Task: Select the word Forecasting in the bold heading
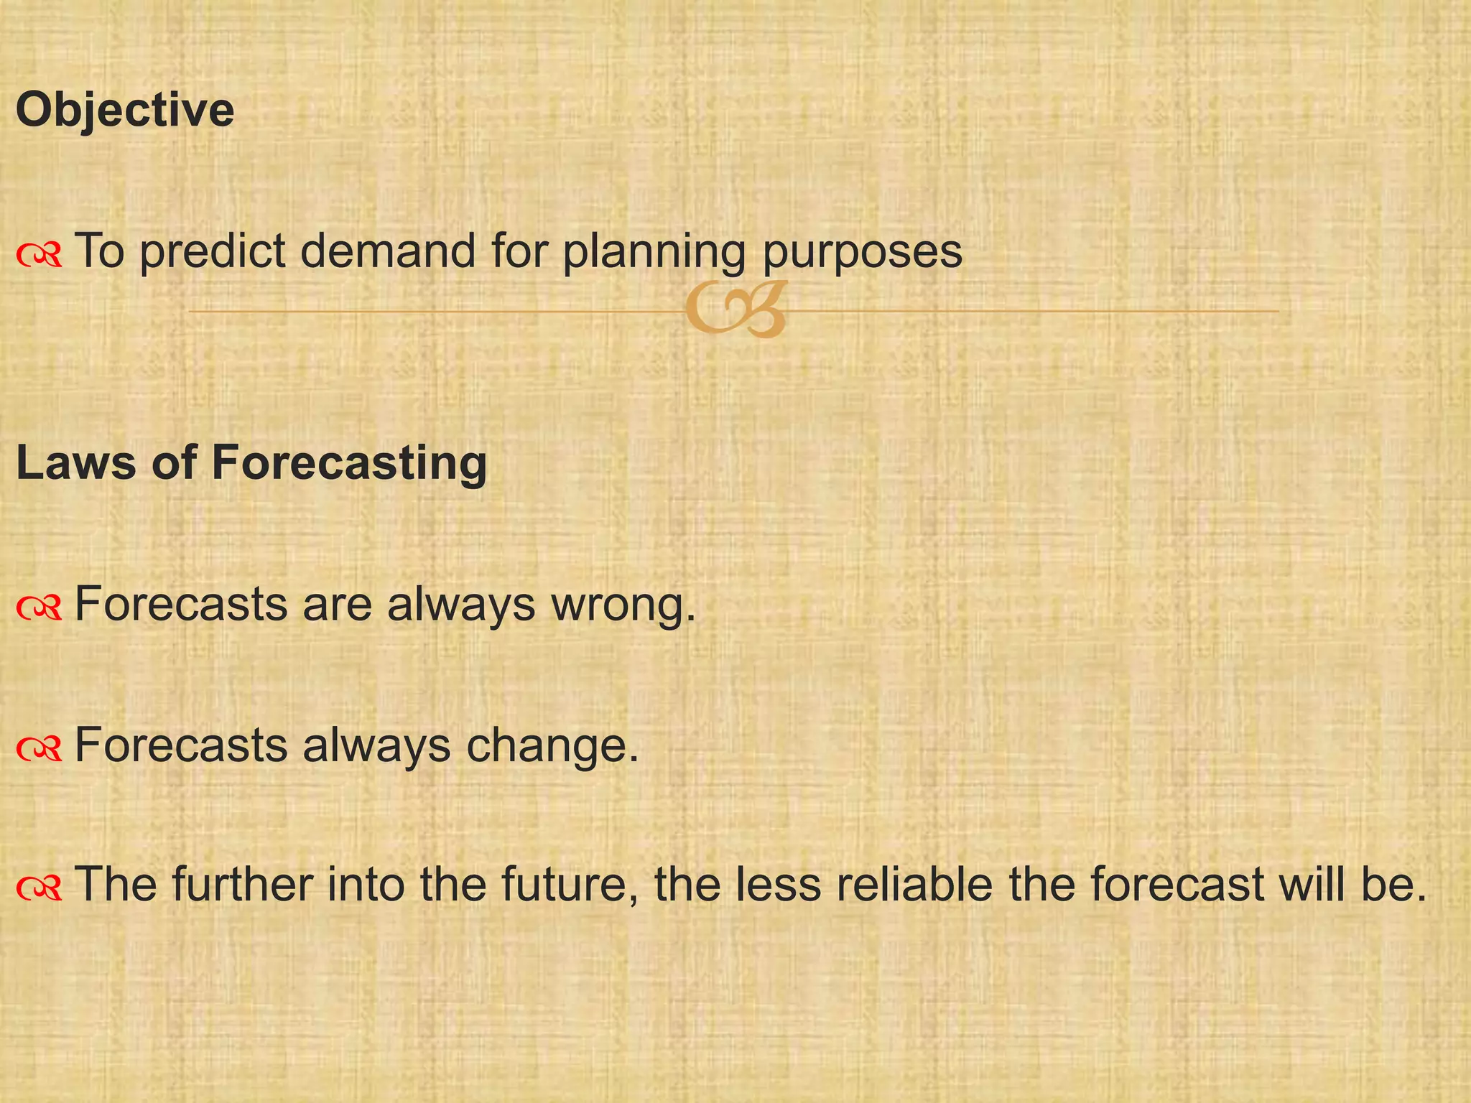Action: [x=349, y=463]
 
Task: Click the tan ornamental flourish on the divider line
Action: [x=735, y=310]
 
